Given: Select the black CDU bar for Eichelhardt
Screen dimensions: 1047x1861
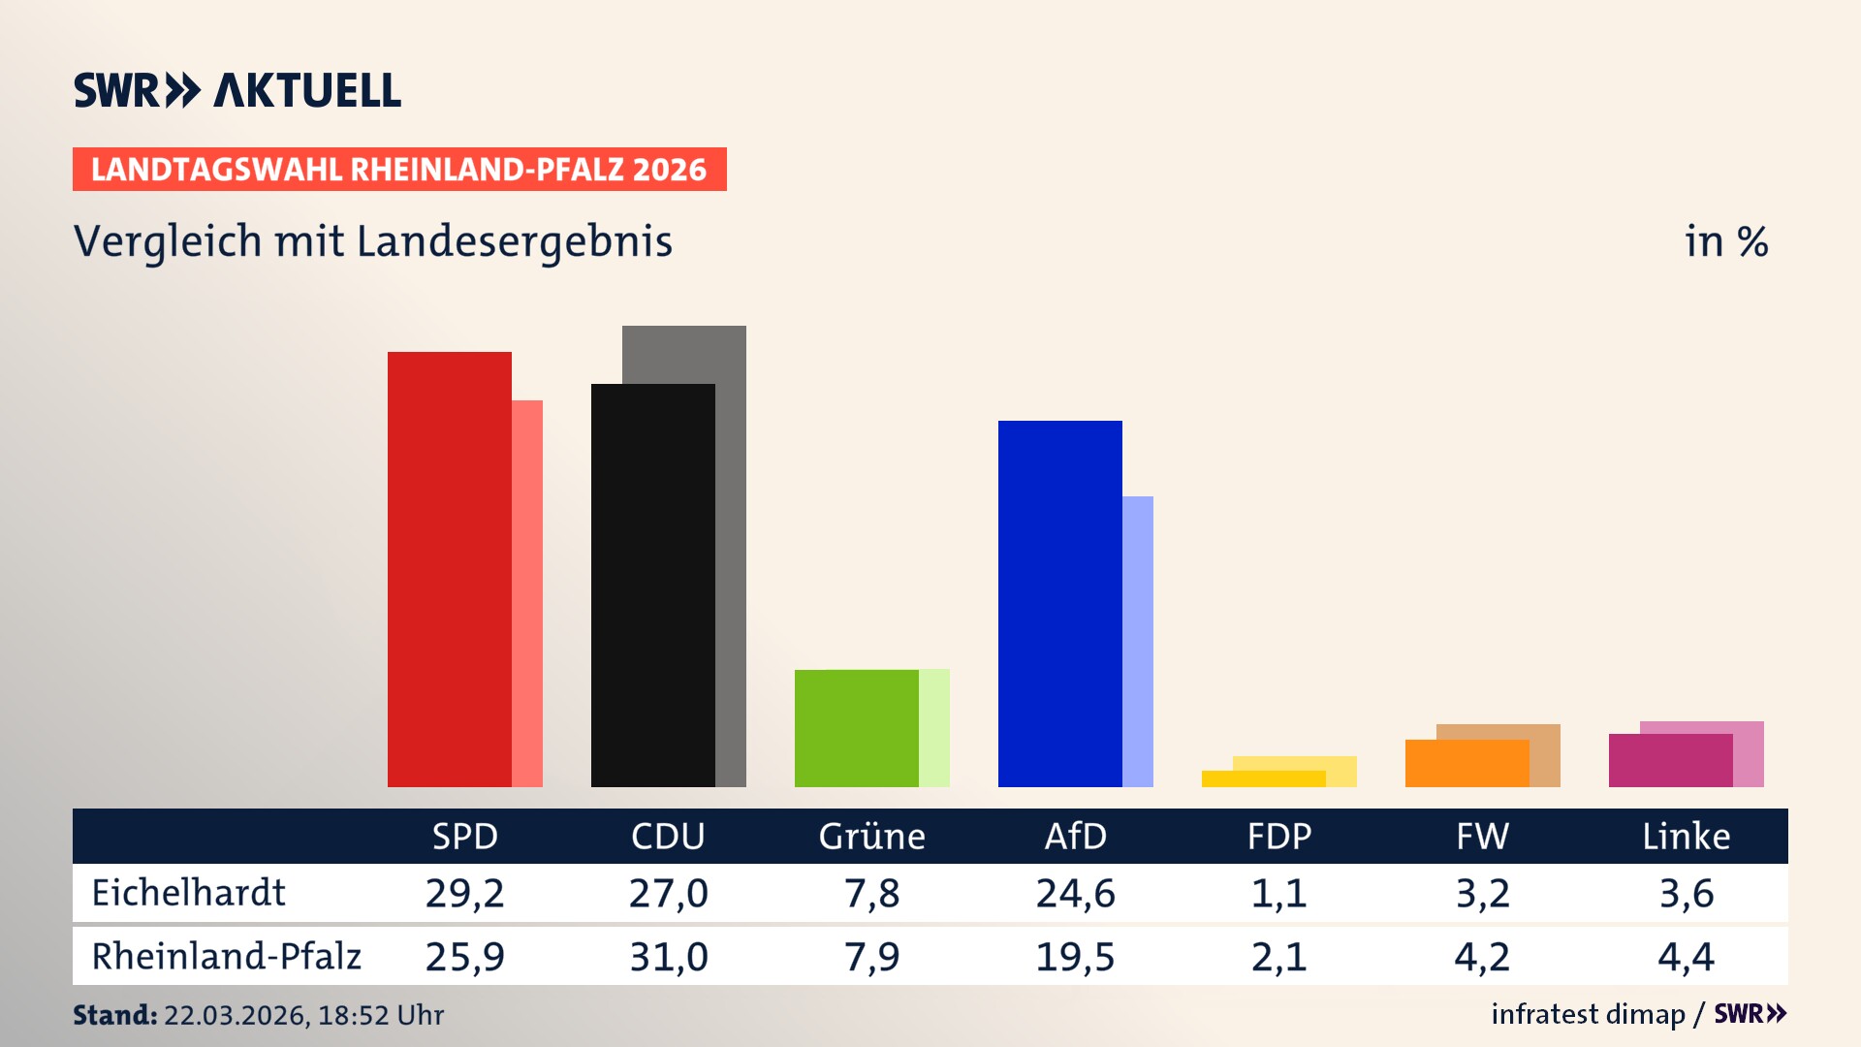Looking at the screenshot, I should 652,586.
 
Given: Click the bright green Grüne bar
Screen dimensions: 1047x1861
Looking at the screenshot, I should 856,728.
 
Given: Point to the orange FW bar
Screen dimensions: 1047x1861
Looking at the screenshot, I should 1467,763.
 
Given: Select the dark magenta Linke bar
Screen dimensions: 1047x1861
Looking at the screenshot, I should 1670,760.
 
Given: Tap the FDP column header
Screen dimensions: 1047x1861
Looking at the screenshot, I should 1278,836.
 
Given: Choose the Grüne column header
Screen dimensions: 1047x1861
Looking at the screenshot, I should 871,836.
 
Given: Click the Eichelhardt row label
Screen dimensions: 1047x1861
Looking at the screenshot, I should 188,893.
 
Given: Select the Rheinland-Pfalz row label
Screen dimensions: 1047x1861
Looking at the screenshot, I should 226,956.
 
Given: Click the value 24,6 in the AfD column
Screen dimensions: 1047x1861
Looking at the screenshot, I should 1075,893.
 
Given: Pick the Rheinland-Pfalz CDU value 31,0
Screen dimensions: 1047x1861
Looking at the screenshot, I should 668,957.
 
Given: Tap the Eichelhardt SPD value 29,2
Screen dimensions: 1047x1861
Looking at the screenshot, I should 464,893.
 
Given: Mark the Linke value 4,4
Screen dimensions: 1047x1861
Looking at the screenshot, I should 1686,957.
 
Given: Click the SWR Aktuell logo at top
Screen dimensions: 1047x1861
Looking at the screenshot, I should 237,90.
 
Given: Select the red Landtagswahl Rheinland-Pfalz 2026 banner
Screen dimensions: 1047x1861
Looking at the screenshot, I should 399,169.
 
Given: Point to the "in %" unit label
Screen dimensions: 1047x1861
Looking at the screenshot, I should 1725,241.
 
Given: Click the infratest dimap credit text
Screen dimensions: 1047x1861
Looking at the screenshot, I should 1588,1014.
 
